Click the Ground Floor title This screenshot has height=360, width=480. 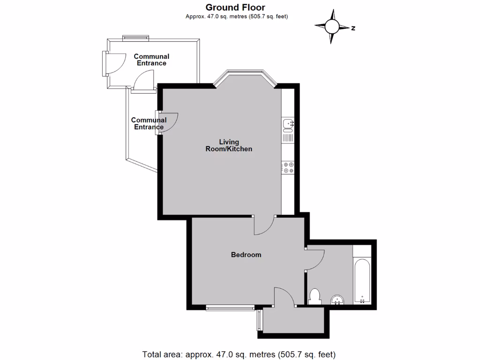click(x=236, y=7)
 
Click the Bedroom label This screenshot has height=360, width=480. click(x=246, y=255)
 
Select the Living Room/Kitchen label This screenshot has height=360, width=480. click(x=229, y=145)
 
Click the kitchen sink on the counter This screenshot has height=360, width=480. click(x=288, y=124)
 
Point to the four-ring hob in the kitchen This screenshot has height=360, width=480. click(x=288, y=168)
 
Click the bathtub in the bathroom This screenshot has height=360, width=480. click(x=361, y=281)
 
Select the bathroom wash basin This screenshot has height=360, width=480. click(x=337, y=300)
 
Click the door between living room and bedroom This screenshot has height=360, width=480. click(x=264, y=225)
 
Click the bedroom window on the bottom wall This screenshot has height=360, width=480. click(x=230, y=308)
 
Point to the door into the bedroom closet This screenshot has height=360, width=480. click(x=284, y=297)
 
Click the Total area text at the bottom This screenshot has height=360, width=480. click(x=239, y=354)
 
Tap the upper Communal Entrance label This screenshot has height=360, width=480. click(x=151, y=60)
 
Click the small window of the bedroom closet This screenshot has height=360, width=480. click(x=259, y=321)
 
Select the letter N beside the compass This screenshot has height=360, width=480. click(x=353, y=28)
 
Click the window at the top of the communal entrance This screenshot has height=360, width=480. click(x=136, y=37)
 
